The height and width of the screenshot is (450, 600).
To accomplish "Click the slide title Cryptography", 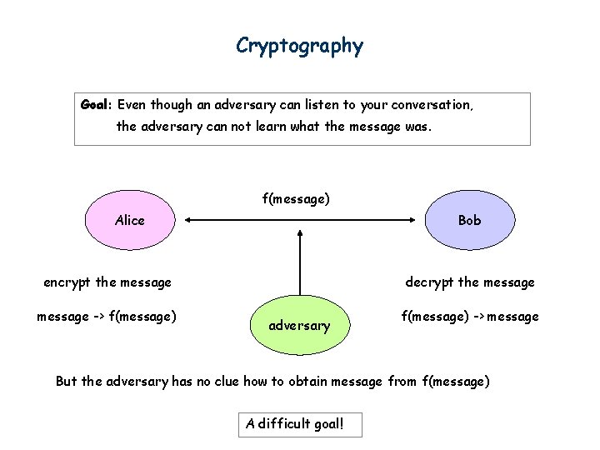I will point(299,45).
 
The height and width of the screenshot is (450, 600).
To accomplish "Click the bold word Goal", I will point(96,106).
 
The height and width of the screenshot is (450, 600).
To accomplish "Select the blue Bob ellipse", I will point(469,221).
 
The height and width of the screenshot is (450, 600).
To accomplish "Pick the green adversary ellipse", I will point(299,325).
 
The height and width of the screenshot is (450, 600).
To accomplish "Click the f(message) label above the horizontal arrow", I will point(296,198).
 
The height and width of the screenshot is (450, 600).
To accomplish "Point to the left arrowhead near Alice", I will point(189,221).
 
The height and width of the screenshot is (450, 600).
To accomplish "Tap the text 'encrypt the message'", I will point(107,282).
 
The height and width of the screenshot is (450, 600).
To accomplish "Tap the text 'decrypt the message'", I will point(470,282).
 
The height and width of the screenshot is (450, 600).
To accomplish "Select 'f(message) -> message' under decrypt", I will point(470,316).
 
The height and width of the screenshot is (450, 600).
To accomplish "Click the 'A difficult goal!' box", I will point(300,424).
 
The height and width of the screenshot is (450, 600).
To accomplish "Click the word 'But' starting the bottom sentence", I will point(67,382).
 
